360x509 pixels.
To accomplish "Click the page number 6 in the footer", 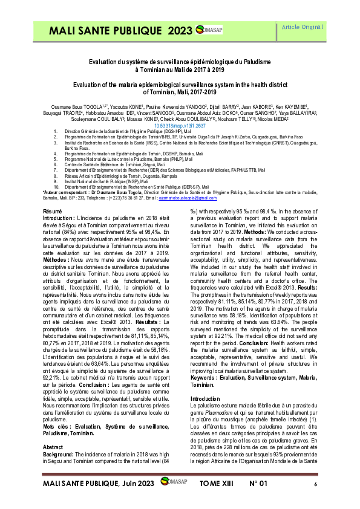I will pyautogui.click(x=315, y=484).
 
